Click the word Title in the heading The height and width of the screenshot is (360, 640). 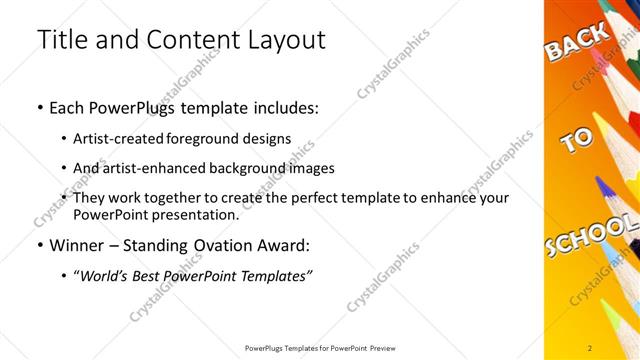[62, 40]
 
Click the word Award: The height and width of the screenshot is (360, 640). [290, 245]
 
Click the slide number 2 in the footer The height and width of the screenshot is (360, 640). [590, 347]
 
